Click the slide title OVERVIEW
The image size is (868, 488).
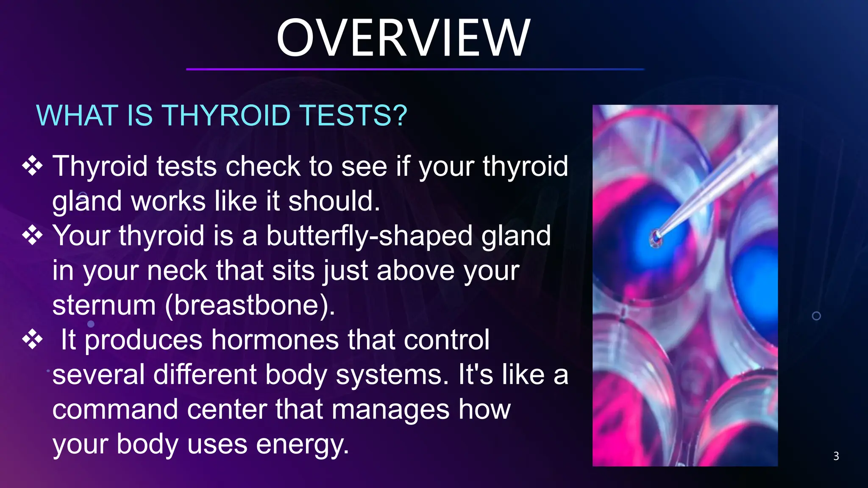(403, 38)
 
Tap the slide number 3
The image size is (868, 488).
(836, 456)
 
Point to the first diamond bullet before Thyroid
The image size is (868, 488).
(33, 166)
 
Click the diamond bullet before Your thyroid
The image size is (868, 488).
(33, 236)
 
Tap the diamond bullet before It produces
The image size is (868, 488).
(33, 340)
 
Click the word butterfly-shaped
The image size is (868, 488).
(369, 236)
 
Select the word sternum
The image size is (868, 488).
(104, 305)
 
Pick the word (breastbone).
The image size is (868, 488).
(250, 305)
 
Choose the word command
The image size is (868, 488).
(115, 409)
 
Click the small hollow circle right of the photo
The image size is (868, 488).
(816, 316)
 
